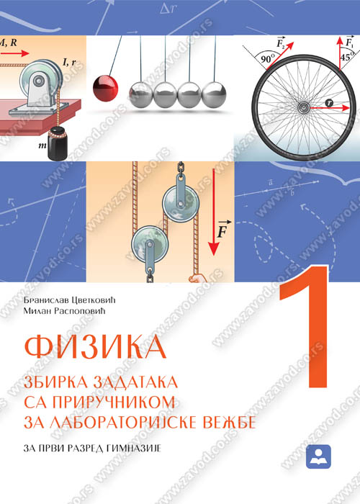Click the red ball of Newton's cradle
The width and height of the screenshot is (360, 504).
click(x=105, y=88)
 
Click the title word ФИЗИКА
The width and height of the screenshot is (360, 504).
click(x=95, y=347)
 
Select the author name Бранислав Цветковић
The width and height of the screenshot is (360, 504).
click(x=69, y=300)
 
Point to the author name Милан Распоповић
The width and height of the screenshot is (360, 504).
click(x=64, y=311)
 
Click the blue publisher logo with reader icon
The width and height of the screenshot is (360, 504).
click(x=318, y=456)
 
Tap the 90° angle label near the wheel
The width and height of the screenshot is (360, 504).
click(x=268, y=59)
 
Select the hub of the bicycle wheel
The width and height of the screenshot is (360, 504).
click(x=303, y=107)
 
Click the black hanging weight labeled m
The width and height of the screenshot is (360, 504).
click(x=58, y=143)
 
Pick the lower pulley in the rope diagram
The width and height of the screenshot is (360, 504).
click(x=150, y=243)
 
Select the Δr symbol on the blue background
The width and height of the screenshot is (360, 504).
click(x=168, y=9)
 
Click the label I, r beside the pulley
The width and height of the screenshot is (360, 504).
click(x=70, y=62)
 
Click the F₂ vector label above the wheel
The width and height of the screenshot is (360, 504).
click(x=281, y=42)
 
